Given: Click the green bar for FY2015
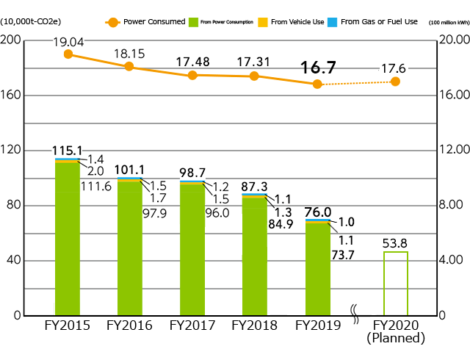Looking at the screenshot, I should coord(68,239).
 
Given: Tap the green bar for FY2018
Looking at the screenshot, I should coord(255,257).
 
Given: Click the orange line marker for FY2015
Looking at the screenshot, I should coord(68,54).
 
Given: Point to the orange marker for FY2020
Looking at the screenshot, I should coord(396,82).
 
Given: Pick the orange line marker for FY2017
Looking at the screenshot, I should coord(192,75).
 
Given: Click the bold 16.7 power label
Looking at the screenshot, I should coord(318,68).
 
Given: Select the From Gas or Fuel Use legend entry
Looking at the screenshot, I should coord(375,22).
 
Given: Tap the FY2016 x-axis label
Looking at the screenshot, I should coord(130,325).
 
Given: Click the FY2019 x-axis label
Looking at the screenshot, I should coord(317,325).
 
